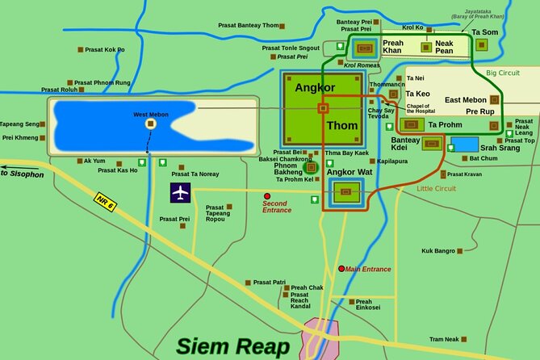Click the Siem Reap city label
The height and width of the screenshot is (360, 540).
pyautogui.click(x=233, y=347)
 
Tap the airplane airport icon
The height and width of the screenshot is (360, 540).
pyautogui.click(x=181, y=193)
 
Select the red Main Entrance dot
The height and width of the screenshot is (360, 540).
pyautogui.click(x=341, y=269)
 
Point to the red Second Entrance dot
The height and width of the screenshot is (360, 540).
pyautogui.click(x=267, y=195)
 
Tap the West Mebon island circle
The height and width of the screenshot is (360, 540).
pyautogui.click(x=150, y=124)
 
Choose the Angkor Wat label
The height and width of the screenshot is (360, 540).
pyautogui.click(x=352, y=172)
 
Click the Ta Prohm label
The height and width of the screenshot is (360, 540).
pyautogui.click(x=445, y=125)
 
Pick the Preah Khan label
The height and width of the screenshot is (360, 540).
pyautogui.click(x=392, y=47)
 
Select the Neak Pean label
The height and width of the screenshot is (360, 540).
pyautogui.click(x=444, y=47)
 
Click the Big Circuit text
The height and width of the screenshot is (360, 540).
pyautogui.click(x=503, y=73)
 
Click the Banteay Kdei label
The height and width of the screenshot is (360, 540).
pyautogui.click(x=405, y=144)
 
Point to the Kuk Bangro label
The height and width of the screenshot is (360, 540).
pyautogui.click(x=438, y=251)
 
